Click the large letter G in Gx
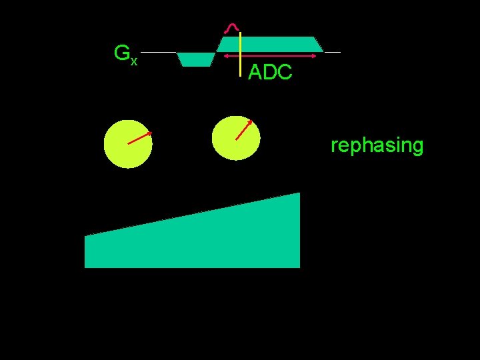click(x=122, y=53)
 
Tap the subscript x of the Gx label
click(x=134, y=61)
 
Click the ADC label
click(x=270, y=73)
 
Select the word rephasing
click(x=377, y=145)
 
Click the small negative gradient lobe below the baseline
click(x=196, y=59)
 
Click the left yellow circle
click(x=128, y=143)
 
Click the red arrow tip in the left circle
click(x=150, y=133)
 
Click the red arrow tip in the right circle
click(x=251, y=121)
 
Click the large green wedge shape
click(x=200, y=240)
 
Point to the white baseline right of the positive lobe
click(x=331, y=52)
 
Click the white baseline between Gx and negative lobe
click(x=159, y=52)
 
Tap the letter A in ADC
click(x=255, y=73)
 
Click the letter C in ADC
click(x=285, y=73)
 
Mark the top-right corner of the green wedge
click(x=299, y=193)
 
